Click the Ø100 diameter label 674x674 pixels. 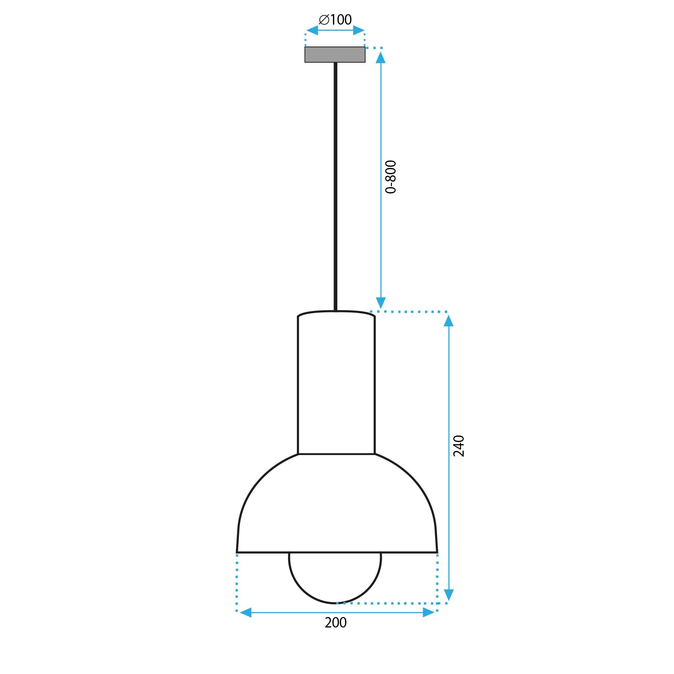(x=335, y=20)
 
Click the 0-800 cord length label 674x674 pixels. (x=390, y=177)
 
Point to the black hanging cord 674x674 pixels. (x=336, y=185)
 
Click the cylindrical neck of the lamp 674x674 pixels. (x=336, y=384)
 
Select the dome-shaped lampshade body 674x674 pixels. (x=336, y=506)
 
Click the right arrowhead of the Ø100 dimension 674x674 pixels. (x=359, y=31)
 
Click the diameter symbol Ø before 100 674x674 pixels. (x=324, y=20)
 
